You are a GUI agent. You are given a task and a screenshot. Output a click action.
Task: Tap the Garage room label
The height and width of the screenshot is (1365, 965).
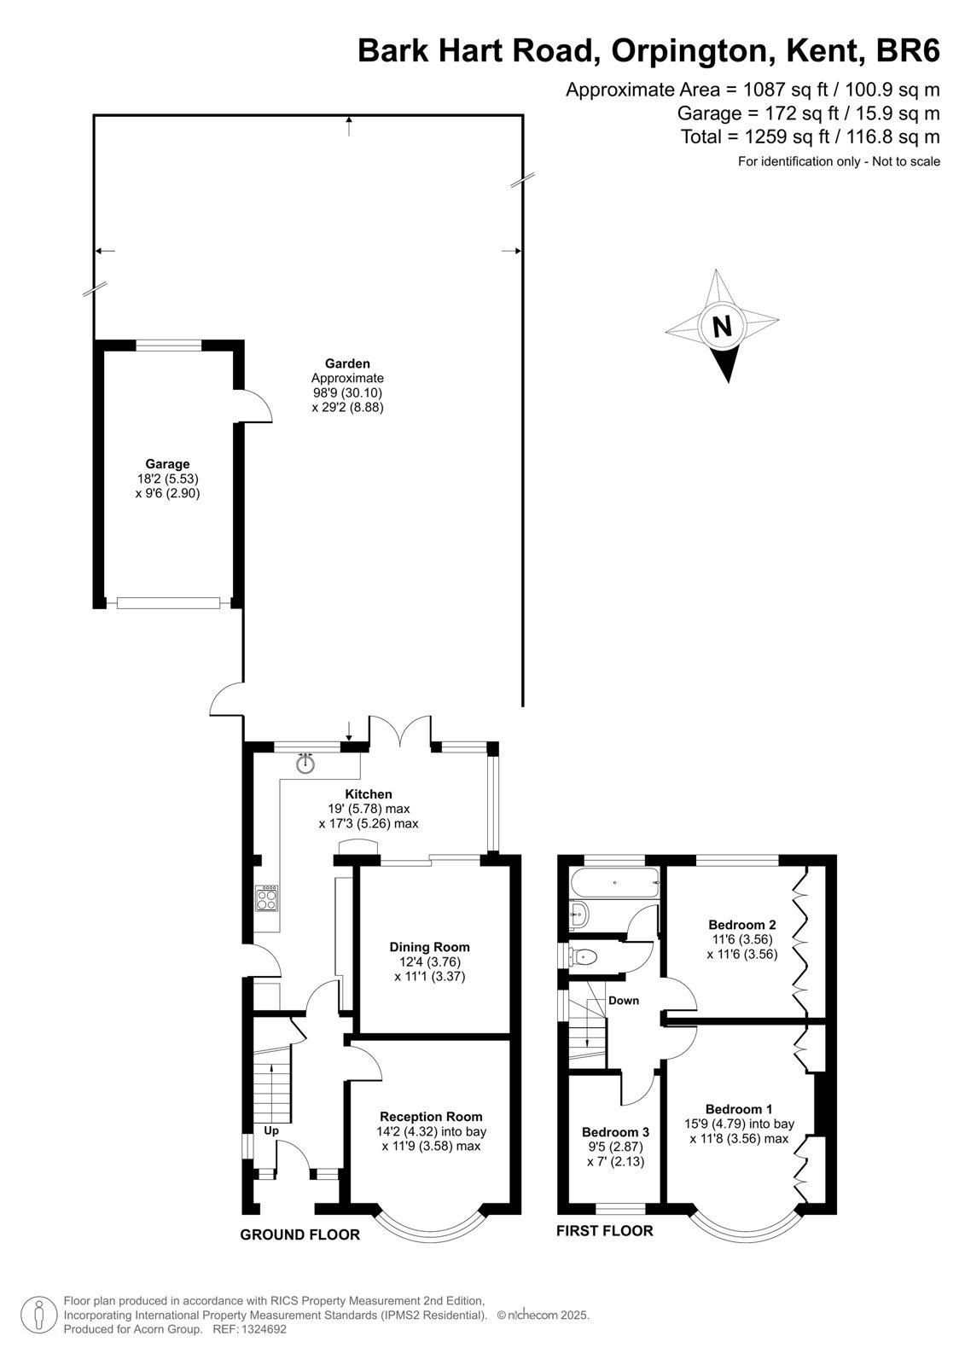pos(167,464)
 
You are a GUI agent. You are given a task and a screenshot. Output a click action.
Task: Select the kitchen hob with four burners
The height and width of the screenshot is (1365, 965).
pos(267,897)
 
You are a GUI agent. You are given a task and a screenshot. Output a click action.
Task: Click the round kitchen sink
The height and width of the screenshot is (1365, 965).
pos(305,763)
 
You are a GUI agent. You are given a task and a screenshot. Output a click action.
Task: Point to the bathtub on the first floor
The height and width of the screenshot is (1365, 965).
pos(614,882)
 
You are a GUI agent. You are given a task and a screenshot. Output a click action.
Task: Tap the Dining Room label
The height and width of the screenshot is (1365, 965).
pos(430,947)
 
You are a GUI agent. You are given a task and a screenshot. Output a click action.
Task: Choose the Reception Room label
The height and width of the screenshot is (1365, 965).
pos(431,1117)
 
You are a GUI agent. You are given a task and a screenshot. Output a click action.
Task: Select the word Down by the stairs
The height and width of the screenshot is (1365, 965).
pos(624,1000)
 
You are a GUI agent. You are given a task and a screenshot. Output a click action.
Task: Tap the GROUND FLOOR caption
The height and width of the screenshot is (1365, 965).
pos(300,1234)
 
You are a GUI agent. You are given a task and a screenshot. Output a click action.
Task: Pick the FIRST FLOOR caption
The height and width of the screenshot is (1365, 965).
pos(604,1231)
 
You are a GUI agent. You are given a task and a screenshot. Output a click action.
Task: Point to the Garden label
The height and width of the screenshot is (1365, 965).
pos(347,363)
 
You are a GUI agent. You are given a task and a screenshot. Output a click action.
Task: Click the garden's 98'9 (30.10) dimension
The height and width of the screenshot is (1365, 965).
pos(347,393)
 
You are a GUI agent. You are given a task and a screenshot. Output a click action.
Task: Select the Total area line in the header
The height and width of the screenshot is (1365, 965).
pos(811,136)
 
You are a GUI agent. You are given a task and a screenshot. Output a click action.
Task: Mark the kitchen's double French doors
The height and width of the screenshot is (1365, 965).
pos(400,731)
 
